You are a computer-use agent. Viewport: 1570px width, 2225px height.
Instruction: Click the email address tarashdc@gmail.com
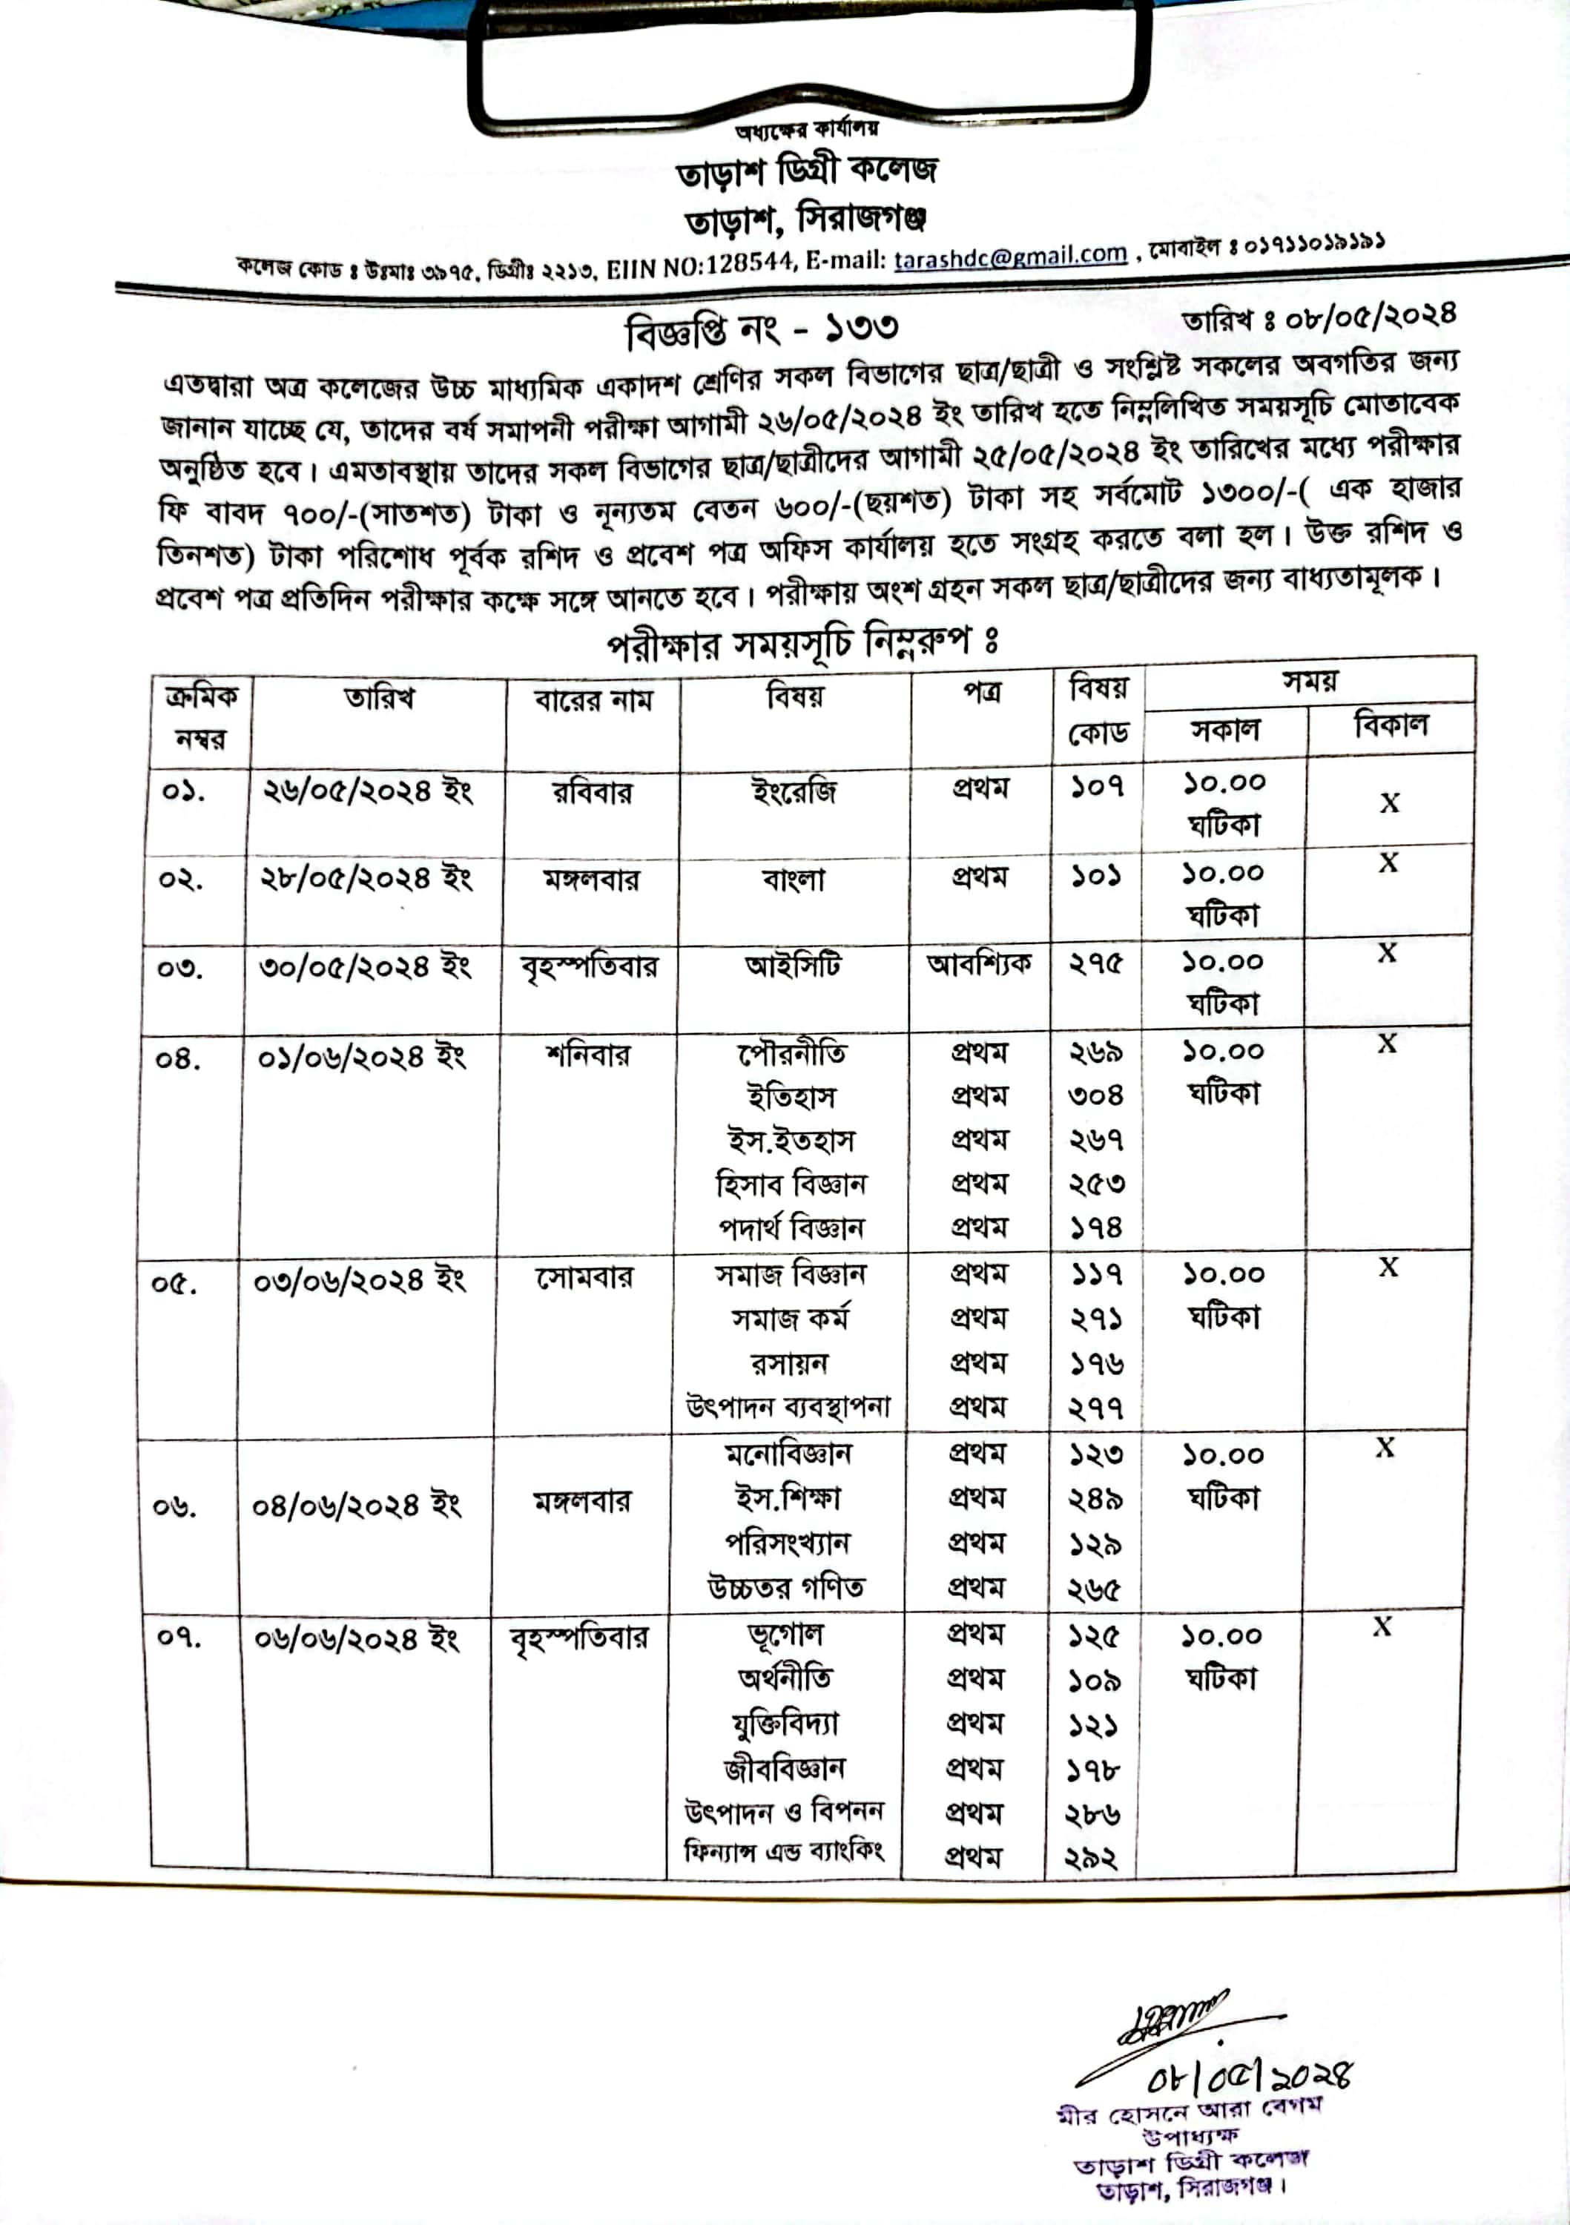[1010, 257]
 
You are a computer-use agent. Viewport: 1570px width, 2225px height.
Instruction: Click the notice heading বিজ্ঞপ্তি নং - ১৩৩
[762, 329]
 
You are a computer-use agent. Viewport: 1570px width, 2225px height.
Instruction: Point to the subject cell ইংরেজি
[794, 792]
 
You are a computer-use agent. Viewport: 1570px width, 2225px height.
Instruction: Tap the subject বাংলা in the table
[793, 880]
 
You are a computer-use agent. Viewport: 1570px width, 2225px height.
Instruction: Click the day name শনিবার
[588, 1053]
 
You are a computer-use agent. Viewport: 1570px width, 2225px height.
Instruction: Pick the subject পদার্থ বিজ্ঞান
[791, 1227]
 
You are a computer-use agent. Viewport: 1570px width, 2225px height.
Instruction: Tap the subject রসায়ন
[790, 1362]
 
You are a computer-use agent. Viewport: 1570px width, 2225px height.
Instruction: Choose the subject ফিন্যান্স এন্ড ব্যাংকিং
[783, 1852]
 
